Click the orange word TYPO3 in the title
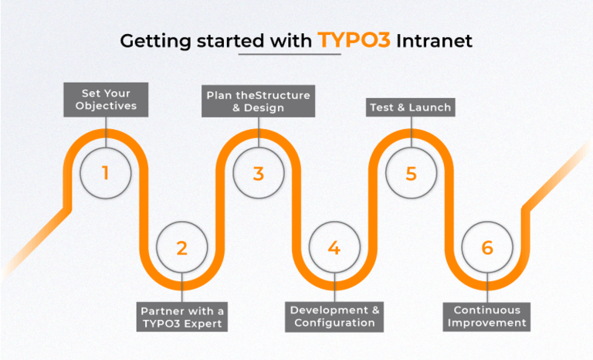352,41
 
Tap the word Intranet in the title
434,41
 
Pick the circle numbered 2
181,248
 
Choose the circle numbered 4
334,248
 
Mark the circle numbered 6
486,248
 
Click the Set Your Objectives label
105,100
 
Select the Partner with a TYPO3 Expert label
182,317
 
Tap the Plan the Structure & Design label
258,101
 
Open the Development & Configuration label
334,316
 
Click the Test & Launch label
410,107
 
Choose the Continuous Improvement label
486,316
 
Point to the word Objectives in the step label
105,107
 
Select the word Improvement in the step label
486,323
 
